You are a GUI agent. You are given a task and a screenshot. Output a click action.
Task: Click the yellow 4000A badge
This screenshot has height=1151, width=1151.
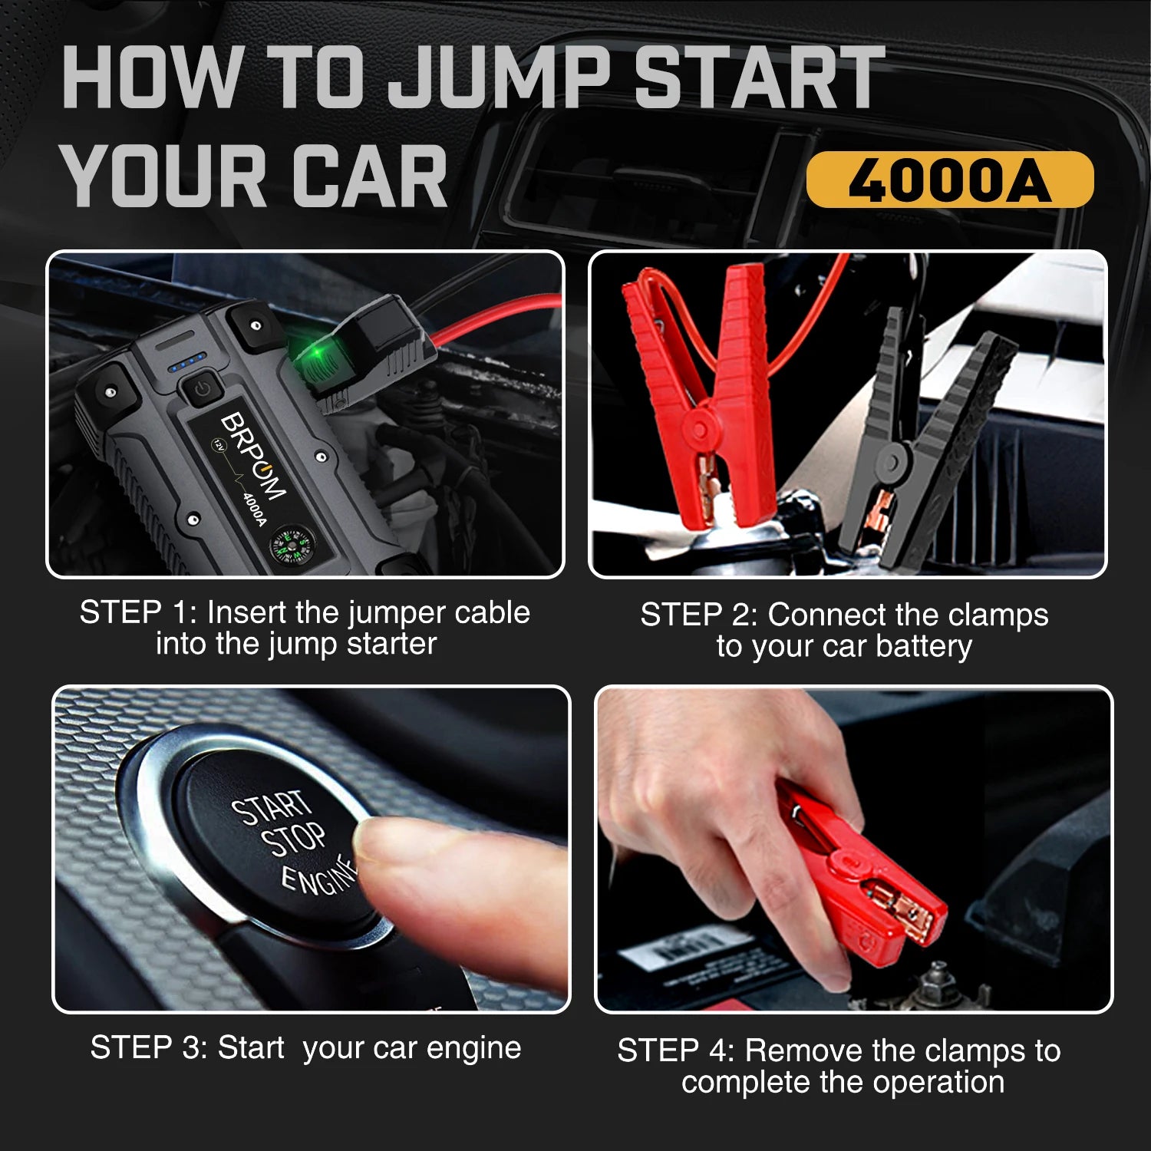[949, 180]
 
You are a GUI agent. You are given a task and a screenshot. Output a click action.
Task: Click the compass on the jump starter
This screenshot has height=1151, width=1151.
[289, 546]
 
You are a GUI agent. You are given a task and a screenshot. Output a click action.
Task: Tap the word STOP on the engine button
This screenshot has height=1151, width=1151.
[293, 839]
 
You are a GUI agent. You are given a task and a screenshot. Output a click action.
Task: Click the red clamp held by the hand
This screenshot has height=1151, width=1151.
[867, 882]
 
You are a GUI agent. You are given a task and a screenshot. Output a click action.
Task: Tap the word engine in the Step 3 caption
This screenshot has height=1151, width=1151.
[473, 1048]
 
